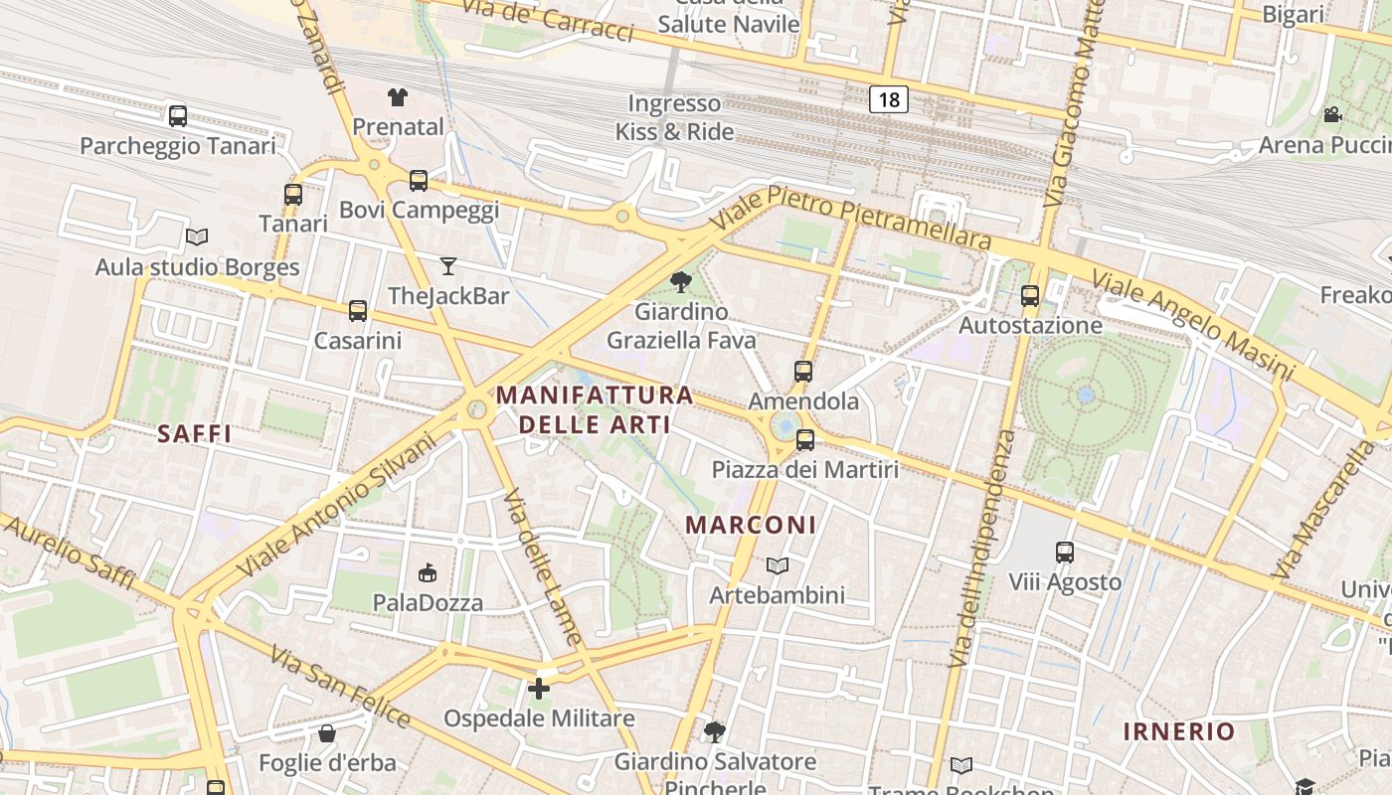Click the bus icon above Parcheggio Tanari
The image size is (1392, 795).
coord(178,116)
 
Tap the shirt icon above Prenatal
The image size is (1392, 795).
coord(398,97)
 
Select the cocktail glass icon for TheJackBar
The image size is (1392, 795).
coord(448,265)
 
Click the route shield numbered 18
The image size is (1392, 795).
coord(889,98)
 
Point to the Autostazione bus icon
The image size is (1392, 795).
coord(1030,295)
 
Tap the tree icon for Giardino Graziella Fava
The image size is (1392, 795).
coord(681,282)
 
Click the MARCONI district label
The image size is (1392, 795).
coord(752,525)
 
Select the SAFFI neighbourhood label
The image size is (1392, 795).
coord(195,433)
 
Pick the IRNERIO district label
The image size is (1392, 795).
coord(1179,732)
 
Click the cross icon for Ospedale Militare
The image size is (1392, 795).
coord(539,688)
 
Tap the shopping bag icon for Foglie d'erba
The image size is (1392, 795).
coord(327,734)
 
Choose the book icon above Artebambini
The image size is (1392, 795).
coord(778,565)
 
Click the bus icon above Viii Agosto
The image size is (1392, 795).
coord(1065,552)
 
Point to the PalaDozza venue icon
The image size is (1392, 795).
coord(428,572)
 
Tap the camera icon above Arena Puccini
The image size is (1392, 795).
coord(1332,115)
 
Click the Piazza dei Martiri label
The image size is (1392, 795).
coord(805,469)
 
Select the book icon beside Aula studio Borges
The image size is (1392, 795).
coord(197,238)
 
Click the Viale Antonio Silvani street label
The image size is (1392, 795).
coord(338,504)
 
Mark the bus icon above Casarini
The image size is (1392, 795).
coord(358,311)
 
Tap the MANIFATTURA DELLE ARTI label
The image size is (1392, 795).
coord(595,409)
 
